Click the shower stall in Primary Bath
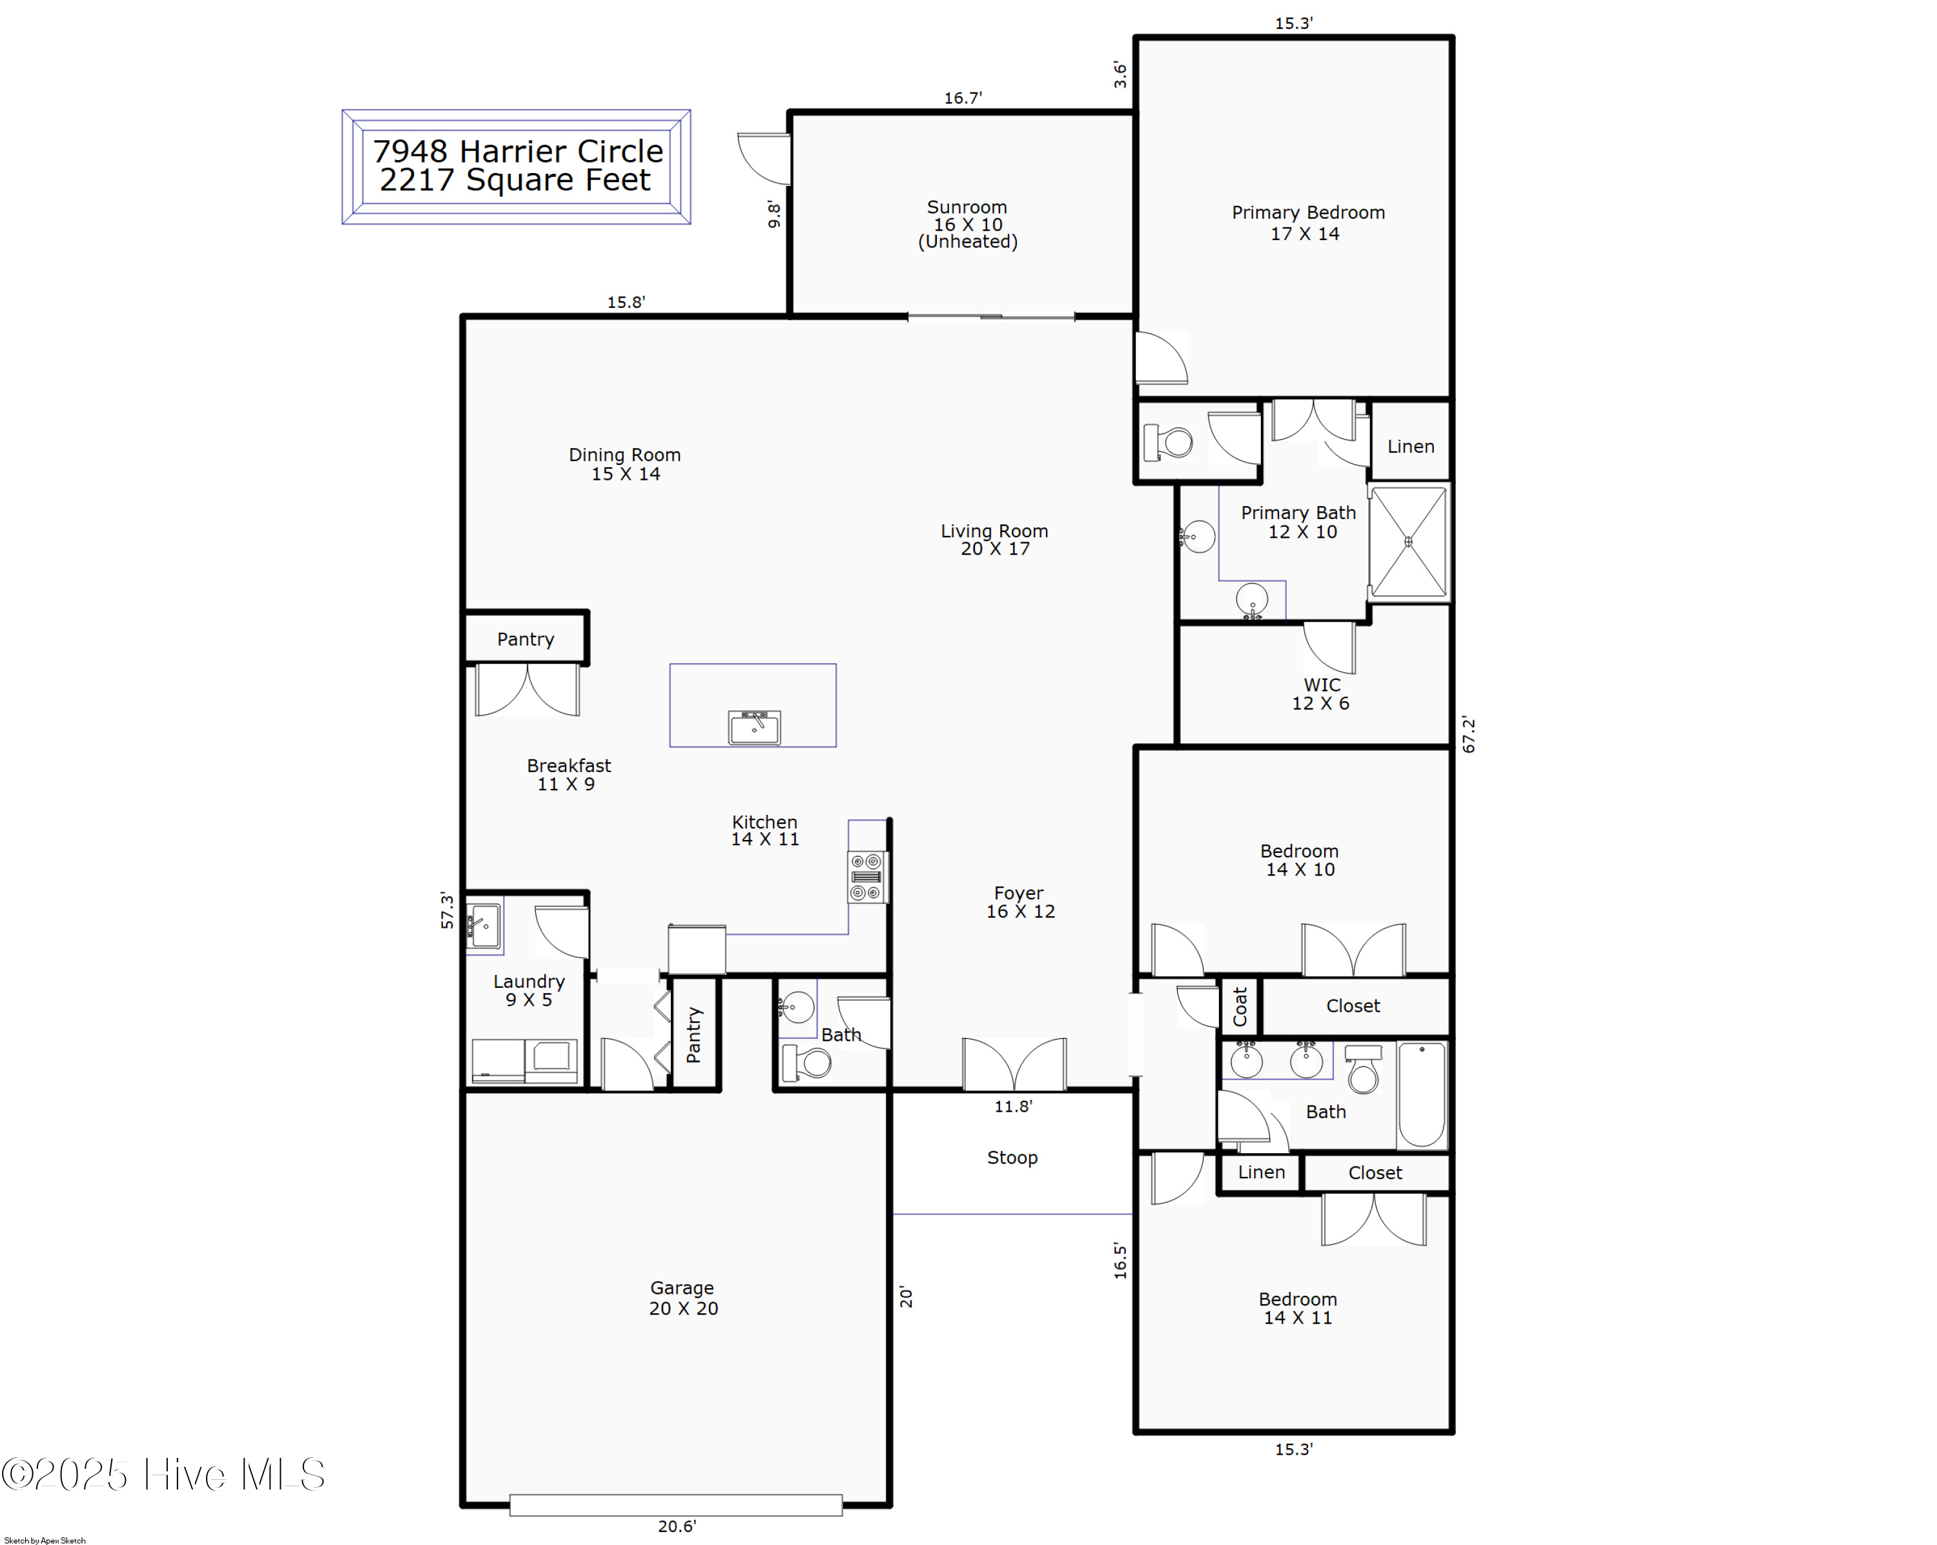[1408, 542]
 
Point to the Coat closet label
[1240, 1006]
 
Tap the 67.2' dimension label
[1468, 734]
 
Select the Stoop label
[1012, 1157]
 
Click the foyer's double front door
[1014, 1065]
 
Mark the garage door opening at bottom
[675, 1504]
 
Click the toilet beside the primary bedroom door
[1167, 442]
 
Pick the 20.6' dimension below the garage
[677, 1526]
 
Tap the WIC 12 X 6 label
[1320, 693]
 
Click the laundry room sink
[484, 925]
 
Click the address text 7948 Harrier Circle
[517, 151]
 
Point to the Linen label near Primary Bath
[1411, 446]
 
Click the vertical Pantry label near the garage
[693, 1035]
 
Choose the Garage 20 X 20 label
[683, 1298]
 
